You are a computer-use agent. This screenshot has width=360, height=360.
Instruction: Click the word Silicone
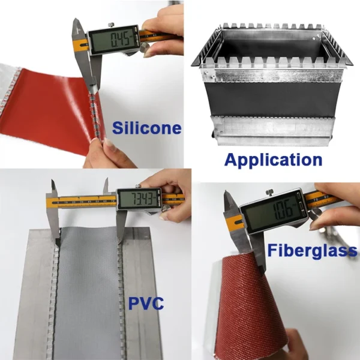pyautogui.click(x=147, y=128)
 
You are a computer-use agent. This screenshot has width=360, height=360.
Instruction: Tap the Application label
pyautogui.click(x=273, y=160)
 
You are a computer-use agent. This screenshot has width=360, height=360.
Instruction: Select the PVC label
pyautogui.click(x=146, y=303)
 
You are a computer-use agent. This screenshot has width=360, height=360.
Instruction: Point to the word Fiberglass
pyautogui.click(x=312, y=250)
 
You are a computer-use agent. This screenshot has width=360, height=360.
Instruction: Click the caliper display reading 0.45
pyautogui.click(x=113, y=39)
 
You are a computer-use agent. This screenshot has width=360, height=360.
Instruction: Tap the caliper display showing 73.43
pyautogui.click(x=139, y=199)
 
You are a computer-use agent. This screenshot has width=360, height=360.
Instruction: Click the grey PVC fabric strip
pyautogui.click(x=88, y=292)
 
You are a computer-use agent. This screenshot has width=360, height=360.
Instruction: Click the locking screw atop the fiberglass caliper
pyautogui.click(x=269, y=193)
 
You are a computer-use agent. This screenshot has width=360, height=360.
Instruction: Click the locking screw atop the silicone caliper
pyautogui.click(x=112, y=25)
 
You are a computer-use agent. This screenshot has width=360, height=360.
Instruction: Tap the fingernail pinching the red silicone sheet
pyautogui.click(x=109, y=145)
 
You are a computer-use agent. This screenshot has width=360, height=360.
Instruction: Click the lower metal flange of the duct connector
pyautogui.click(x=273, y=130)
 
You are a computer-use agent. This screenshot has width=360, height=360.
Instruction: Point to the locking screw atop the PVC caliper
pyautogui.click(x=137, y=186)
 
